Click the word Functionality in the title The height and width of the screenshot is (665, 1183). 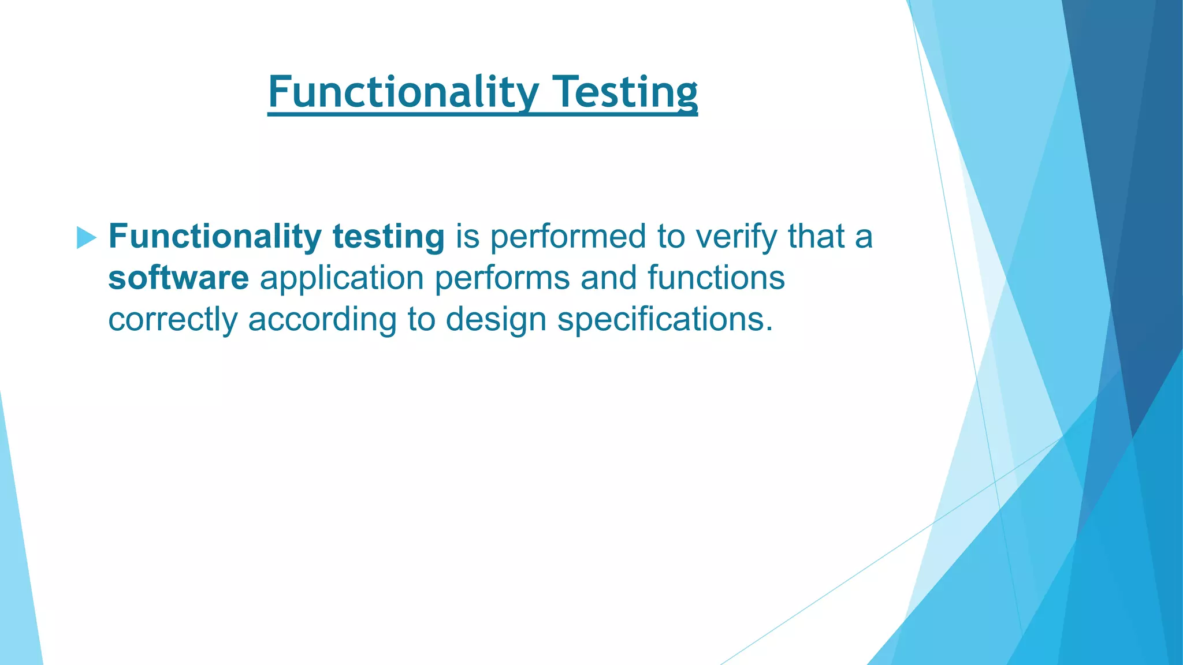click(403, 92)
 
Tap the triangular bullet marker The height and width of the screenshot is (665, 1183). click(85, 237)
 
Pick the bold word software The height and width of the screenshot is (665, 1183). click(178, 278)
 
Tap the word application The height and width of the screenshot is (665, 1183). click(342, 279)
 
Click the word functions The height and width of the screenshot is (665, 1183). click(716, 278)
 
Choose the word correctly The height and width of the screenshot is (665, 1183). click(173, 320)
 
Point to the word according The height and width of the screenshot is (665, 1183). click(322, 320)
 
